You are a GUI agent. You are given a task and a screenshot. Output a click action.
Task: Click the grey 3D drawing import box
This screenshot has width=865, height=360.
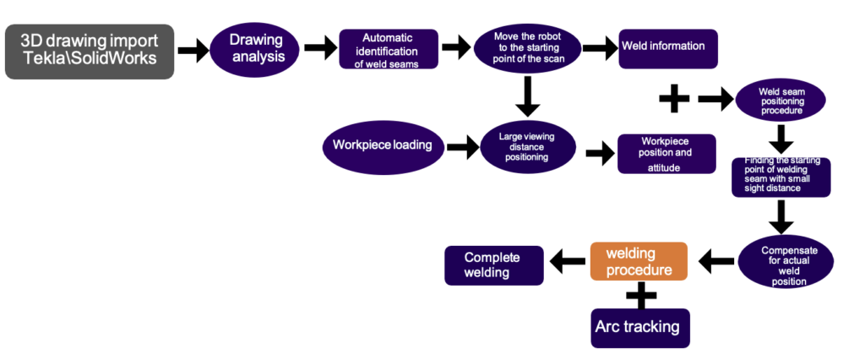(x=90, y=52)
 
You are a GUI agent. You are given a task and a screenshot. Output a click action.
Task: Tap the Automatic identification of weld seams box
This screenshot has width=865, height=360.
(x=389, y=50)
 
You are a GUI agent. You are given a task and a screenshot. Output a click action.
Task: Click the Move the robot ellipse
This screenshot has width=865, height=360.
(x=527, y=50)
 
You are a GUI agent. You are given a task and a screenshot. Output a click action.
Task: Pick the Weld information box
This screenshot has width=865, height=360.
(x=668, y=49)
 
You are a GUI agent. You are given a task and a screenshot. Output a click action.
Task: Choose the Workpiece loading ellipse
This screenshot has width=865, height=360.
(x=382, y=145)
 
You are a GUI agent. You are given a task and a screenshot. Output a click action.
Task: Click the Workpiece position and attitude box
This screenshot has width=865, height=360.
(x=666, y=154)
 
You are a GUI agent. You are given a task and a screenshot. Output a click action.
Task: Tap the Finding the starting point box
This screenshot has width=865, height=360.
(x=781, y=176)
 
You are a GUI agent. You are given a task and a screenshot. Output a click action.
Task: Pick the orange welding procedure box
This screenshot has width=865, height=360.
(x=639, y=261)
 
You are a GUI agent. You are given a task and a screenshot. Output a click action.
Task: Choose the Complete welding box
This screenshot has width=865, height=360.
(x=494, y=265)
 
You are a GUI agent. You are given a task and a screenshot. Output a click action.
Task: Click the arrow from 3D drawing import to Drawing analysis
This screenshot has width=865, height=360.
(x=193, y=51)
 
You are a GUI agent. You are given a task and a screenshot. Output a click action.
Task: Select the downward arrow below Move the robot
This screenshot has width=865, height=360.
(x=527, y=95)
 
